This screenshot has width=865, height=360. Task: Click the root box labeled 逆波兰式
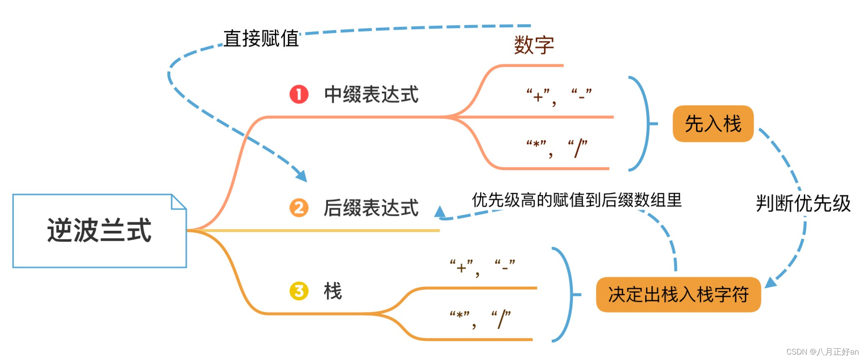100,230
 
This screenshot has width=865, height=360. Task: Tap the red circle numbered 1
299,94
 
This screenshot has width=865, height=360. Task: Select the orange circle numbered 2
299,208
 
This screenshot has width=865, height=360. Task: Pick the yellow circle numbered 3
299,291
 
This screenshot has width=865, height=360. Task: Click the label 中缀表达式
371,94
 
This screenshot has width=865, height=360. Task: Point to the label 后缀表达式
371,208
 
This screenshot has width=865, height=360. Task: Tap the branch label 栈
333,291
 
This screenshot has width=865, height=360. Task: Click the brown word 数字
534,45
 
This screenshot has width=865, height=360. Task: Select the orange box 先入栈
713,124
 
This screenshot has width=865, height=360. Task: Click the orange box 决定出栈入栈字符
678,294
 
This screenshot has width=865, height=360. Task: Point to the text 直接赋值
261,38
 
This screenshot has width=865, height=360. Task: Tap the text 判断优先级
803,204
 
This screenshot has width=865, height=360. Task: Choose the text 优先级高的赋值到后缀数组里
577,200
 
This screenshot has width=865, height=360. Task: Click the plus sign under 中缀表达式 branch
538,97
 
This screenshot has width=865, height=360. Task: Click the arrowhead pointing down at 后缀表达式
302,176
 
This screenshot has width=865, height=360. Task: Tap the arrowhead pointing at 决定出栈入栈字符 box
770,283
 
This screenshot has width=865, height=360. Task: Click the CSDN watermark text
822,352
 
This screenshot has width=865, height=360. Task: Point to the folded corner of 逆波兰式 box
179,202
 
